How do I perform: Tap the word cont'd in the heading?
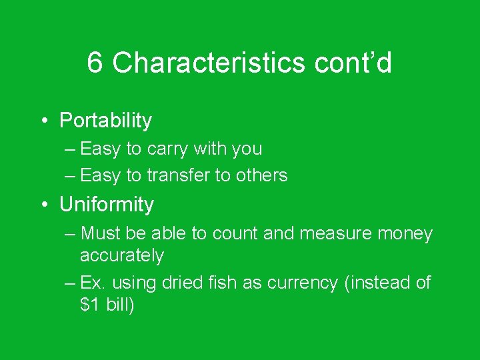click(x=353, y=63)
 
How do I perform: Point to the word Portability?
click(x=105, y=121)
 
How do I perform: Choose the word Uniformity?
click(x=107, y=205)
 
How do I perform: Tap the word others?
click(x=263, y=175)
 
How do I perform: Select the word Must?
click(x=100, y=234)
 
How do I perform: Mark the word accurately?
click(x=121, y=255)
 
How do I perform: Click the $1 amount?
click(x=91, y=305)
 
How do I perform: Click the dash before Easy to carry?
click(x=71, y=149)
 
